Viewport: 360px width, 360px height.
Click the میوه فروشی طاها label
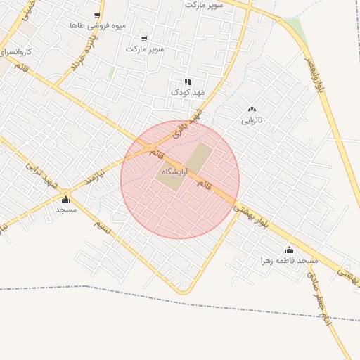coord(98,25)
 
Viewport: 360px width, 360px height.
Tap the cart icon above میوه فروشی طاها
coord(97,15)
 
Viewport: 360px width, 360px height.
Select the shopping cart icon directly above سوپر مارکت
coord(144,39)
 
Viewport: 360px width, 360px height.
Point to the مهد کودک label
coord(187,92)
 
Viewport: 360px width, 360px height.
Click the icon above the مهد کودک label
coord(188,82)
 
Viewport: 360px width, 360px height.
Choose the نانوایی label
coord(252,120)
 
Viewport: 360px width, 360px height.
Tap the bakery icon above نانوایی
coord(252,109)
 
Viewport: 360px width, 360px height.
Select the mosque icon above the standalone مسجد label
coord(66,199)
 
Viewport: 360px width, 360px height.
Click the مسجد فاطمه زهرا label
coord(289,260)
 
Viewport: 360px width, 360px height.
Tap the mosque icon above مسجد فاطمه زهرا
coord(289,250)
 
